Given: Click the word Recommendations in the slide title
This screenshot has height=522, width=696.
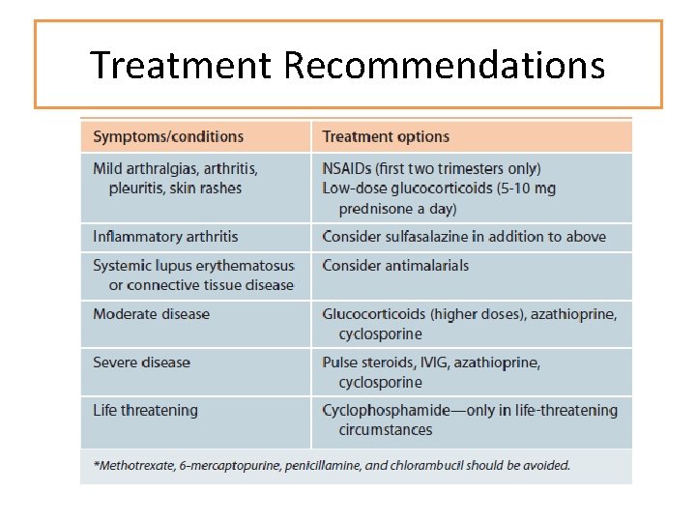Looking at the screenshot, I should coord(445,66).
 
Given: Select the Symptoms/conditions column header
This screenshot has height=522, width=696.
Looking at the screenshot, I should coord(168,136).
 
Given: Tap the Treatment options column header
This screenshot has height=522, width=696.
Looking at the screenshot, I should coord(386,137).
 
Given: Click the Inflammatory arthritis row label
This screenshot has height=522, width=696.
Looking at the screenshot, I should coord(165,237).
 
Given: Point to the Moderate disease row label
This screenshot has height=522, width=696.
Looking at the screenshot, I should coord(151,314).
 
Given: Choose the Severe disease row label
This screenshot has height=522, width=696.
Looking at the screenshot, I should coord(141,362).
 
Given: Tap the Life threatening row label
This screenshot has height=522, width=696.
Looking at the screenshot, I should coord(145,411).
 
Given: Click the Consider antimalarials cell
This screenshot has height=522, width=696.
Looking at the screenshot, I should coord(395,266).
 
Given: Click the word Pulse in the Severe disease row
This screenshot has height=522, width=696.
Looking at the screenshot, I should coord(341,362).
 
